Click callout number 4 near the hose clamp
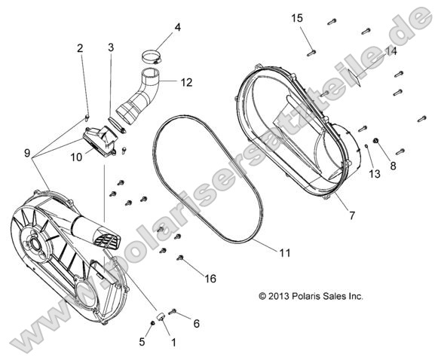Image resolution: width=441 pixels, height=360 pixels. pos(177,28)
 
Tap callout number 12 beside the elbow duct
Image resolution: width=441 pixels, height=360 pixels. pos(186,81)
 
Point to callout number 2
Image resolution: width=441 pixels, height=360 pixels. pos(80,49)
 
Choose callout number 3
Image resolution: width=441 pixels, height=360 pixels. pos(111,47)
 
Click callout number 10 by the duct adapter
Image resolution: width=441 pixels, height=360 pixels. pos(77,157)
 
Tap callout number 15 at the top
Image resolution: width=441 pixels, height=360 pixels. pos(297,17)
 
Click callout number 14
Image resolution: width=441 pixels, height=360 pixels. pos(390,50)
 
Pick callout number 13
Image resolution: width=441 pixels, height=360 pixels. pos(373,175)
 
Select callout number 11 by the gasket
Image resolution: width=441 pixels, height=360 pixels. pos(284,253)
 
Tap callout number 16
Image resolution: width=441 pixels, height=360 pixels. pos(210,279)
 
